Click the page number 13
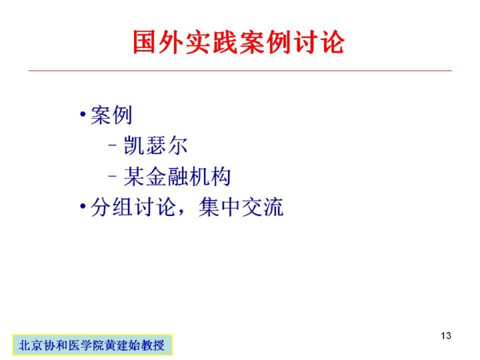(446, 335)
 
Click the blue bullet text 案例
(111, 115)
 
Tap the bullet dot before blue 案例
(83, 115)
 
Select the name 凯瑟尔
(155, 145)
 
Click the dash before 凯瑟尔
(113, 145)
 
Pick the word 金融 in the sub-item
(166, 177)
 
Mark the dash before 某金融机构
(113, 176)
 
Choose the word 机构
(210, 177)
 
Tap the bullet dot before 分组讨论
(83, 206)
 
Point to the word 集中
(219, 207)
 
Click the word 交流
(263, 207)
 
